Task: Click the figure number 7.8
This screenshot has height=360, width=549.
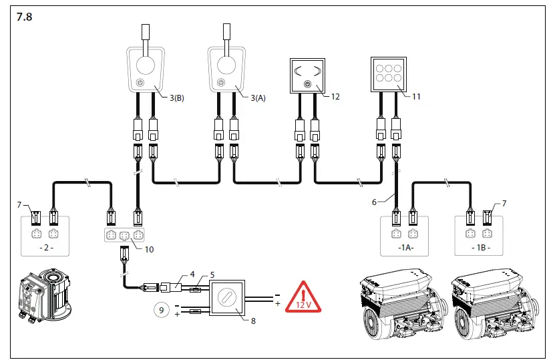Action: (24, 17)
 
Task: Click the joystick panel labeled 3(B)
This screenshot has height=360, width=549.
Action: (146, 70)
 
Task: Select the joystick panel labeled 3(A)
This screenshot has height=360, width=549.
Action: (227, 70)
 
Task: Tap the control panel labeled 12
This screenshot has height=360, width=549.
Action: (307, 75)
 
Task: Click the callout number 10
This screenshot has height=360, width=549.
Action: (149, 249)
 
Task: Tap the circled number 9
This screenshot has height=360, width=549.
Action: (160, 309)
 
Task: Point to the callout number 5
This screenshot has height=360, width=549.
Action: (212, 275)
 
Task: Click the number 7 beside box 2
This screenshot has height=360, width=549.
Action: (19, 203)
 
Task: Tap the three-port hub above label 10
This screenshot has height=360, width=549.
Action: (125, 234)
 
